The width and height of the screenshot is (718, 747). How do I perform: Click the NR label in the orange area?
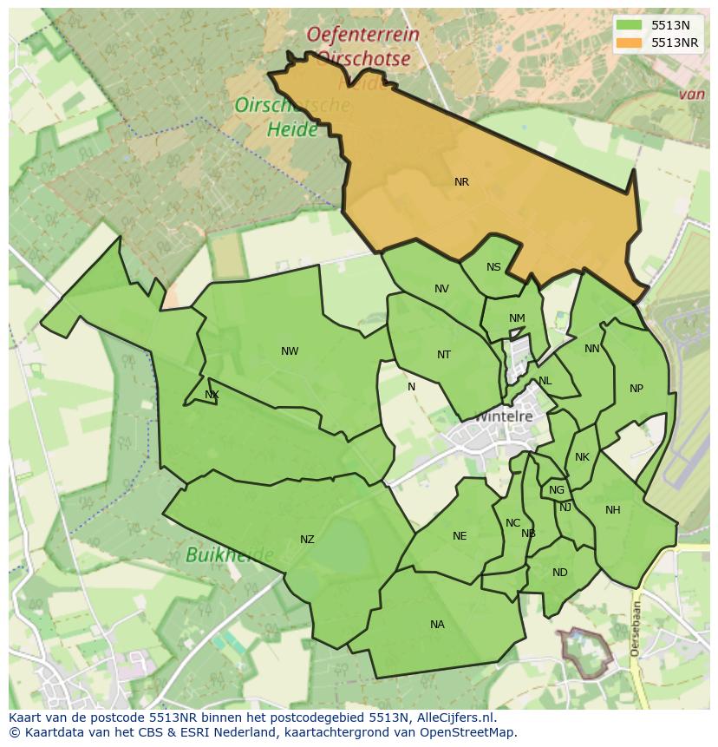pos(461,182)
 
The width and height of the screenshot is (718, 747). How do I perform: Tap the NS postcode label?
pos(493,267)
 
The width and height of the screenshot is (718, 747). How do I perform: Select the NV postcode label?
pos(441,289)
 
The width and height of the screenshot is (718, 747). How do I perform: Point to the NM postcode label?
pos(517,318)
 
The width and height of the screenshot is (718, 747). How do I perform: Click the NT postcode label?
pos(444,354)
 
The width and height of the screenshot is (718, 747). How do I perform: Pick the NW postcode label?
pos(290,351)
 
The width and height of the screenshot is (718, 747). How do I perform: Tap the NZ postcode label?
pos(307,540)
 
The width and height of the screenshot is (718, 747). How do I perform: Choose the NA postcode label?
pos(437,625)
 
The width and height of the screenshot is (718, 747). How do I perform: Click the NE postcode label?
pos(460,536)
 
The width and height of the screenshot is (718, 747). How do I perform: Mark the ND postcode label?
pos(559,573)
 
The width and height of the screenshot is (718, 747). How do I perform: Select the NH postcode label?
pos(613,510)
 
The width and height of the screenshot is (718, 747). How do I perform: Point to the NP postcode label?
pos(636,389)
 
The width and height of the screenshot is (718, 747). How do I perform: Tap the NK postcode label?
pos(582,457)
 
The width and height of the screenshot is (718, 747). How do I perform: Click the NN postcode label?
pos(592,349)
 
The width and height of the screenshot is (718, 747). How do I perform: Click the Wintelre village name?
pos(504,416)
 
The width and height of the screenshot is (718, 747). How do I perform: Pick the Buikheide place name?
pos(229,554)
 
